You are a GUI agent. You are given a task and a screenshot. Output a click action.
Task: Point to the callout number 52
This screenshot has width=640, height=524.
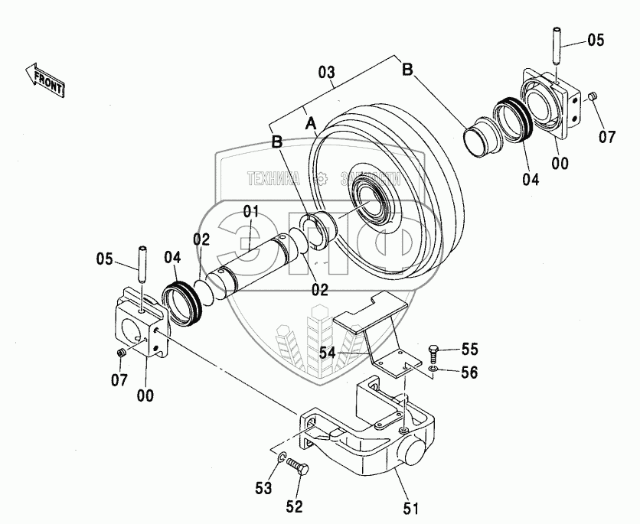[294, 506]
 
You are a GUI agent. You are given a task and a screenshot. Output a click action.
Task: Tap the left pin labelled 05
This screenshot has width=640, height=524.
[142, 264]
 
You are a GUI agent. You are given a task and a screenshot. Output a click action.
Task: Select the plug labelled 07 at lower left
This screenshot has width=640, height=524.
[121, 353]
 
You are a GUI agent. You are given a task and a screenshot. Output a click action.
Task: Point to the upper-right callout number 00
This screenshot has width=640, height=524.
[560, 163]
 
